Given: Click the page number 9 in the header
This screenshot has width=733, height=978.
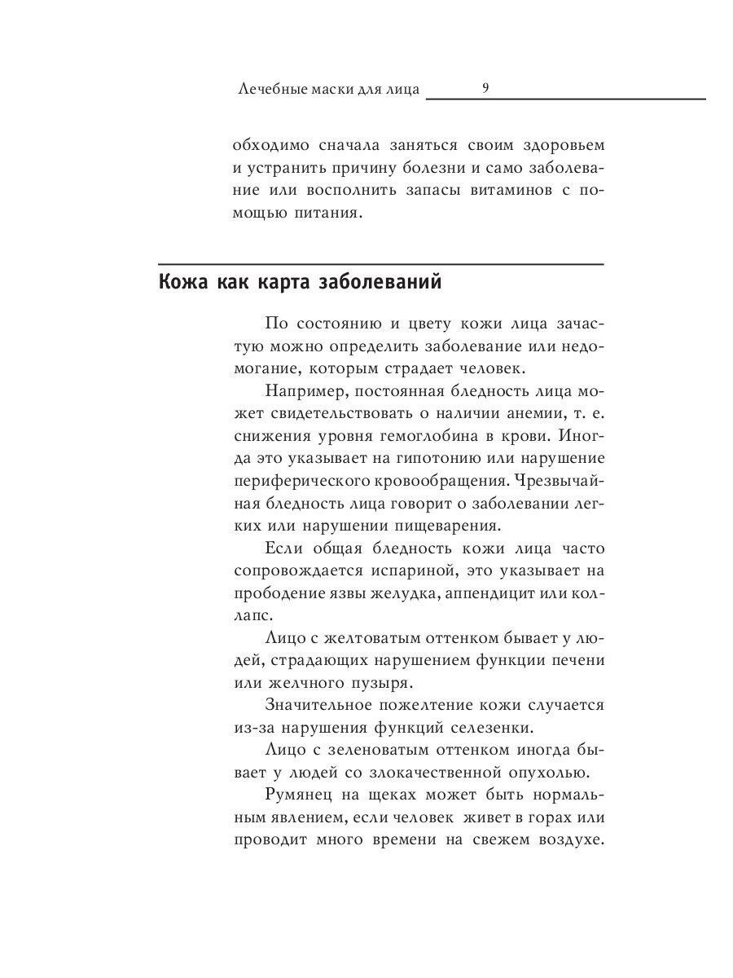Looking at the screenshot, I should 485,88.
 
